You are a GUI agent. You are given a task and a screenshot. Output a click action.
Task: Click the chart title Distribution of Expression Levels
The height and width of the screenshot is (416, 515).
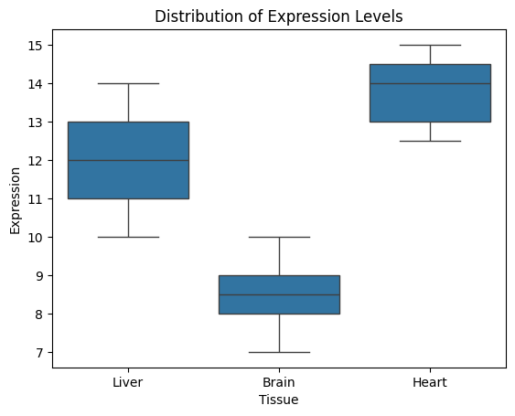pos(278,16)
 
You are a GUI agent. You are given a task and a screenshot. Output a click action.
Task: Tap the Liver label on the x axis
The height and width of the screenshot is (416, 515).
pos(128,382)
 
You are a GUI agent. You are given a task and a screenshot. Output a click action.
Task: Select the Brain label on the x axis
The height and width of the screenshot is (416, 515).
pos(279,382)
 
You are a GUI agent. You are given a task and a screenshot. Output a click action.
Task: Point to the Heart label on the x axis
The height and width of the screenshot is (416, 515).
pos(430,382)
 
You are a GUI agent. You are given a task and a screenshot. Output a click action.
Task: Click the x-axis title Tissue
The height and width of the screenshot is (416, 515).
pos(278,400)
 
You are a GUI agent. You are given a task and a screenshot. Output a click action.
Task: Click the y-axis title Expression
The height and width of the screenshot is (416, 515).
pos(15,200)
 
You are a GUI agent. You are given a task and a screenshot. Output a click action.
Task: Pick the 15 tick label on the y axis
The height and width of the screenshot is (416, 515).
pos(35,46)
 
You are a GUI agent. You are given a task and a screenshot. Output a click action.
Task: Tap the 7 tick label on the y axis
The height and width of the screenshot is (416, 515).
pos(39,353)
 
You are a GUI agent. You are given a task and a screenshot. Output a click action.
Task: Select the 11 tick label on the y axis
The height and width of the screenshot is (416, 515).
pos(35,199)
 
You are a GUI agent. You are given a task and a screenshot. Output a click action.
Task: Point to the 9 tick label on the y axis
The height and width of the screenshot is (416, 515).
pos(39,276)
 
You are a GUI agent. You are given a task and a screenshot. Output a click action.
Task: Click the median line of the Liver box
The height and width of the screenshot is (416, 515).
pos(128,160)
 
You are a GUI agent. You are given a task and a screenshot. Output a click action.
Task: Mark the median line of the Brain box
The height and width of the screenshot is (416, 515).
pos(280,294)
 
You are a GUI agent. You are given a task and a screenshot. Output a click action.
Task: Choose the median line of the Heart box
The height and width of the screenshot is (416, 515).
pos(430,84)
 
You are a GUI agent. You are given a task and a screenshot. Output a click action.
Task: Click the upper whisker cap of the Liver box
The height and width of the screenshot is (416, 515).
pos(128,84)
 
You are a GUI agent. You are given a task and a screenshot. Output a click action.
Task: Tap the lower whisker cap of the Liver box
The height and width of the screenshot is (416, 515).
pos(128,237)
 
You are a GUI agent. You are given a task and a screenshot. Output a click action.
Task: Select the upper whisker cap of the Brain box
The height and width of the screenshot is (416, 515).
pos(280,237)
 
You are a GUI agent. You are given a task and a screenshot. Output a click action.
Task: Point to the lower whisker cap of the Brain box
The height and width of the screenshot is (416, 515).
pos(280,352)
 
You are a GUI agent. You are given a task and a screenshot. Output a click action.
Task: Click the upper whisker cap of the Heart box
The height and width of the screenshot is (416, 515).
pos(430,46)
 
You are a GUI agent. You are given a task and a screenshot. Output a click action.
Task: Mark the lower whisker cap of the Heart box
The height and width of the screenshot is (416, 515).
pos(430,141)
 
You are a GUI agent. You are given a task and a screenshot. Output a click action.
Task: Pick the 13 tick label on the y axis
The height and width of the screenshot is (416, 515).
pos(35,123)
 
